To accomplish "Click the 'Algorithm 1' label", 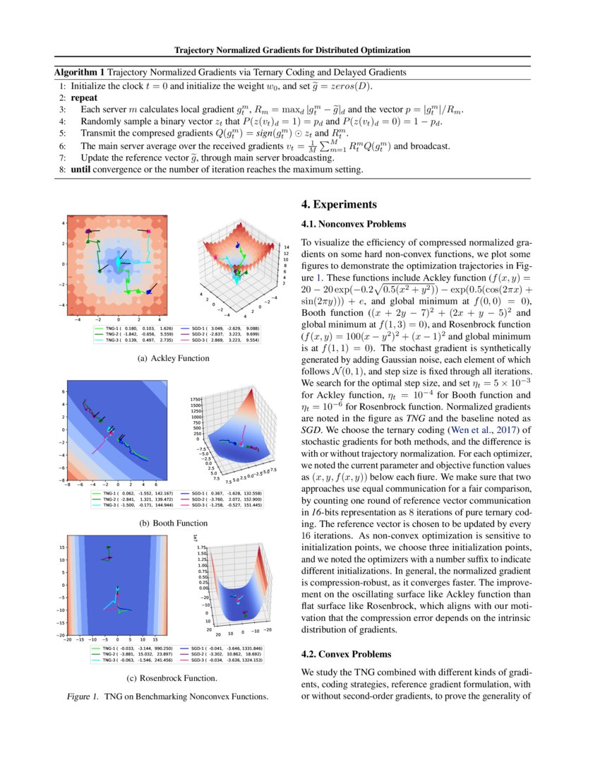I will point(79,72).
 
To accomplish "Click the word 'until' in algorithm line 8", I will point(83,170).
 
